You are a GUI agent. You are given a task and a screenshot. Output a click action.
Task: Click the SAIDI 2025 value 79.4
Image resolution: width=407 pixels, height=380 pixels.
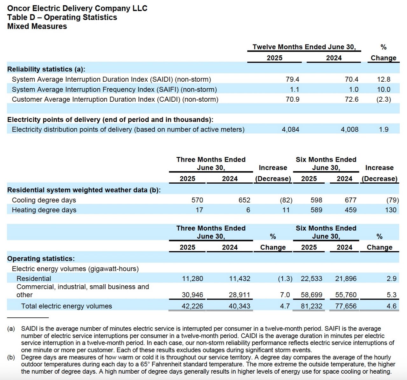292,79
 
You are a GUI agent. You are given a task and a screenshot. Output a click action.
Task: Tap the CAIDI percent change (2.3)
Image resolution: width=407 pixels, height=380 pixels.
383,99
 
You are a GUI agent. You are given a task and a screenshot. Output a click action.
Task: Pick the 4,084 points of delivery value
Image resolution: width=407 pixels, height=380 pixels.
290,130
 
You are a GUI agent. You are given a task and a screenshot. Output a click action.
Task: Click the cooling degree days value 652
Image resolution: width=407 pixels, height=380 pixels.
244,200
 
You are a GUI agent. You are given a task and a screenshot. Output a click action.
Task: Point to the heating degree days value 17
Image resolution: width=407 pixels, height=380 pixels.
199,210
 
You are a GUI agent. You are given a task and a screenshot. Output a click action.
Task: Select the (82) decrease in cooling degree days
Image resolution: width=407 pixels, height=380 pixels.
286,200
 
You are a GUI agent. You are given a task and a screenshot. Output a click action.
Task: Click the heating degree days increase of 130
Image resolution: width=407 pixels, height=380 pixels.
390,210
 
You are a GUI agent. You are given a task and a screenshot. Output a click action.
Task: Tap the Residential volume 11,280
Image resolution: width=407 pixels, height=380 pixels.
192,279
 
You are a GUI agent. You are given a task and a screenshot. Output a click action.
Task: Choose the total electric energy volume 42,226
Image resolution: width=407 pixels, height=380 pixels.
192,306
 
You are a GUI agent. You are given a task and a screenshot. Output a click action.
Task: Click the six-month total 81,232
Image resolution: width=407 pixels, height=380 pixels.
311,306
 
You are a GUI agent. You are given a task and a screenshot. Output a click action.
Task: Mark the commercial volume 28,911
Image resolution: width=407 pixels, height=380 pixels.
239,295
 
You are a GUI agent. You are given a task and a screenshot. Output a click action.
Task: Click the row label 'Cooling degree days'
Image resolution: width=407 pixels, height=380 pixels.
44,200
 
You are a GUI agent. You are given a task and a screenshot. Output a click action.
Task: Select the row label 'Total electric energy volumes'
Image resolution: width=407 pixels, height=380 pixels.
66,306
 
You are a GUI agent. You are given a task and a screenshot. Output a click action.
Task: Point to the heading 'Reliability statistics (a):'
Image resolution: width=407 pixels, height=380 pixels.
46,69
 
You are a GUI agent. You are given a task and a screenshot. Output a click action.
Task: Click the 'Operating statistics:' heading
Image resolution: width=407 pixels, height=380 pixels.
41,259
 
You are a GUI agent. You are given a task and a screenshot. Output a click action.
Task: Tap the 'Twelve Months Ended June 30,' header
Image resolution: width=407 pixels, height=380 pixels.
304,47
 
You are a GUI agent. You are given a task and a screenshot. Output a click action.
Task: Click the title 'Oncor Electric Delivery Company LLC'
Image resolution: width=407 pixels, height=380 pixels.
77,8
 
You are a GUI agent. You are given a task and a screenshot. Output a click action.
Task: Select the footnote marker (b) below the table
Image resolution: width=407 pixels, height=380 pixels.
11,357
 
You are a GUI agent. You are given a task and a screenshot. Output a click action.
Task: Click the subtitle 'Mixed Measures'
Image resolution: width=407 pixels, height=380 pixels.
37,26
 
